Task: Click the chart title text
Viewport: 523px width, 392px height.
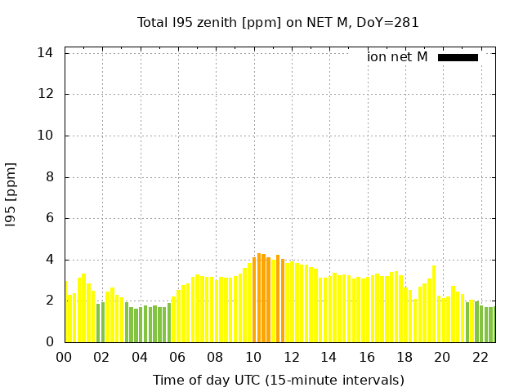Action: tap(278, 23)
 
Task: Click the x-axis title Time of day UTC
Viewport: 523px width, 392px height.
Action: tap(278, 380)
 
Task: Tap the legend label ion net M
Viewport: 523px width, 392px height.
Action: tap(397, 57)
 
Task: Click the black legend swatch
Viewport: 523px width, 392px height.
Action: tap(458, 57)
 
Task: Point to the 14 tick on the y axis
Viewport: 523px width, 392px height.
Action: tap(47, 53)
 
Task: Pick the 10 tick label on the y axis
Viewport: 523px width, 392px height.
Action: tap(47, 136)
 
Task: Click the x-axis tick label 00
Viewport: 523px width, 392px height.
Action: tap(64, 357)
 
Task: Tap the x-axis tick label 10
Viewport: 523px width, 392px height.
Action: tap(253, 357)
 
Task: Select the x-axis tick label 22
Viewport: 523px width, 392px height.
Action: tap(481, 357)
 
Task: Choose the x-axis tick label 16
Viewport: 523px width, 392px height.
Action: tap(367, 357)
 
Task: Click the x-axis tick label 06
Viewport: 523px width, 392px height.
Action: tap(177, 357)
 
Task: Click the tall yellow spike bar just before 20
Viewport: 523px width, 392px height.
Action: tap(434, 304)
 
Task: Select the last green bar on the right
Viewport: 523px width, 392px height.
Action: tap(492, 324)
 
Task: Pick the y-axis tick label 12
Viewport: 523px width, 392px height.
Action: tap(47, 94)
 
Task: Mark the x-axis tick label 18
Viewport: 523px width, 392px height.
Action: tap(405, 357)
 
